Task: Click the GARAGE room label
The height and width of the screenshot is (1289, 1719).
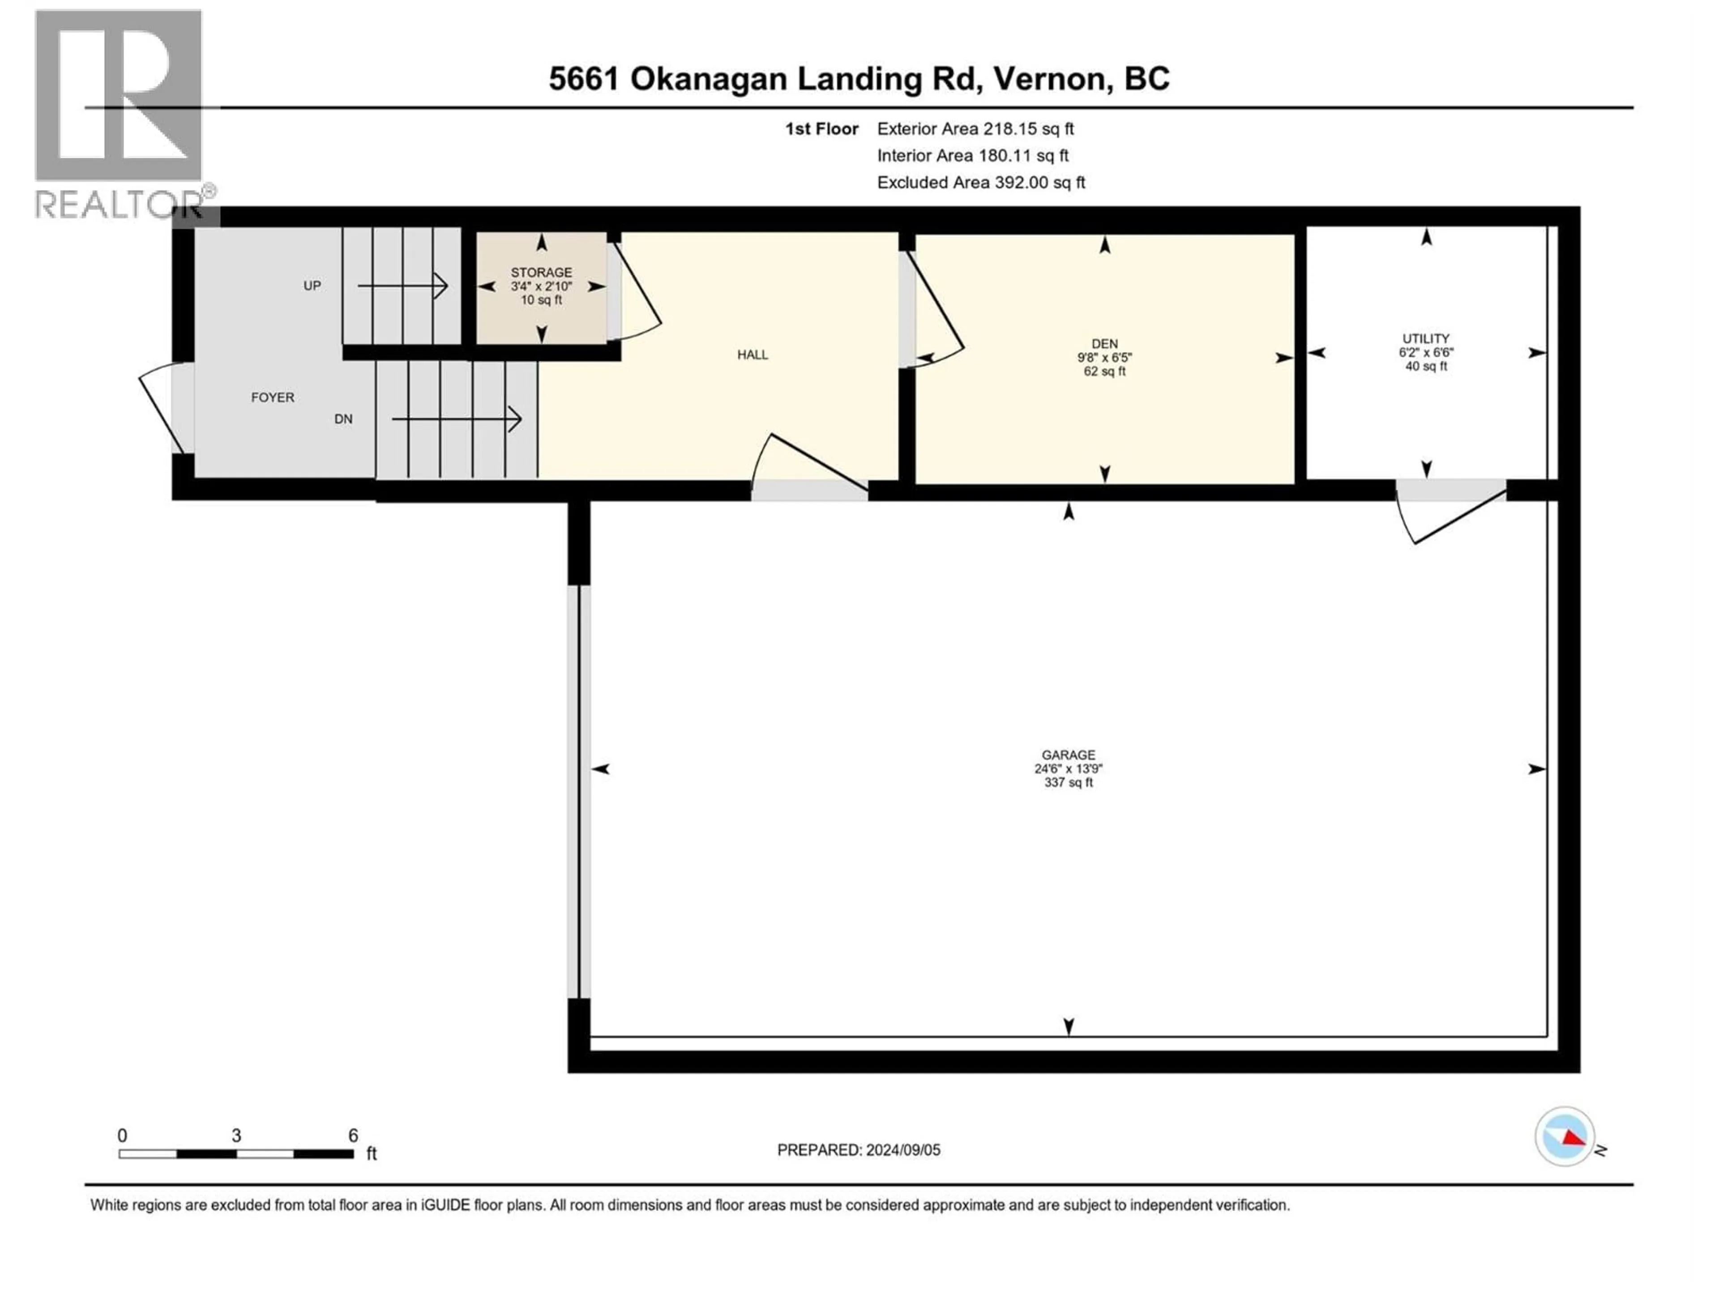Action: tap(1069, 755)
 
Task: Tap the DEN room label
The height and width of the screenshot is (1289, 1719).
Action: tap(1104, 343)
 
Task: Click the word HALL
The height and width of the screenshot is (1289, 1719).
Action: tap(752, 354)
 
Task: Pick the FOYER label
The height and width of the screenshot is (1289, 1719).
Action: tap(272, 397)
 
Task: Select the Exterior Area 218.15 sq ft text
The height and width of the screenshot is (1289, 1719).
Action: tap(975, 129)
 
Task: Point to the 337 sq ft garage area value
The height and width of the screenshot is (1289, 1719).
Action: tap(1069, 782)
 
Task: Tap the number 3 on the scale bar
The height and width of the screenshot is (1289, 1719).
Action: tap(236, 1135)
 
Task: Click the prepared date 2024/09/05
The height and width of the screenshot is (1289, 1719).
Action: tap(902, 1150)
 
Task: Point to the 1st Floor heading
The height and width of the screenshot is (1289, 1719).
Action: tap(821, 129)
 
